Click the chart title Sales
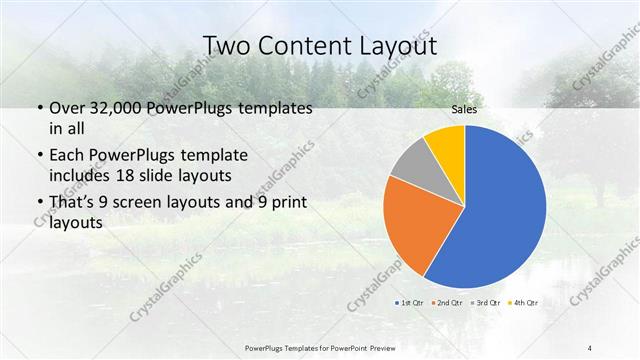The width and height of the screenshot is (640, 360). (x=464, y=109)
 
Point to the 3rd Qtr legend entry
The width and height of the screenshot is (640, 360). (x=487, y=301)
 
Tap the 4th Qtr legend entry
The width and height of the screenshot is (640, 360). (x=525, y=301)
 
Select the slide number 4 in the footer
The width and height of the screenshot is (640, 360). (x=591, y=347)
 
